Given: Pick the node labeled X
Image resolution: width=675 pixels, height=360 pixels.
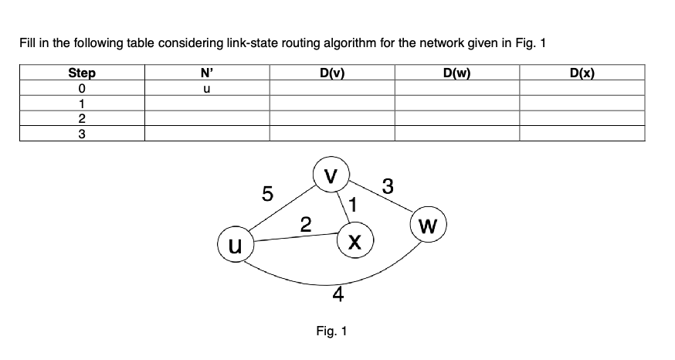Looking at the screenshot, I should click(354, 242).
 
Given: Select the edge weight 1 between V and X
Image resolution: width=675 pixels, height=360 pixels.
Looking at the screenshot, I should click(352, 205).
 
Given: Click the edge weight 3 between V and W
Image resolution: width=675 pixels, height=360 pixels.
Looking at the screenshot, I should click(387, 186).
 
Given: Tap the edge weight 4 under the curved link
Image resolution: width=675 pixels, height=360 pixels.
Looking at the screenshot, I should click(337, 295).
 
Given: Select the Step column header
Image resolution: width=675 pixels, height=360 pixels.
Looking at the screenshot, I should click(83, 73).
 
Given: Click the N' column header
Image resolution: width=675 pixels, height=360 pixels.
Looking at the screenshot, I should click(207, 73).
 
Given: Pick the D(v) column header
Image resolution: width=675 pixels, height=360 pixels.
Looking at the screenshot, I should click(331, 73).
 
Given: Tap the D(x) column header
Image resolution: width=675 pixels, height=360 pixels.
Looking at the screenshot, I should click(582, 73).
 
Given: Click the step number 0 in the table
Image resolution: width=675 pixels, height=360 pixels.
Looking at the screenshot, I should click(83, 89).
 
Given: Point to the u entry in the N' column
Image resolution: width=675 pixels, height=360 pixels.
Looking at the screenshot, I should click(207, 89).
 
